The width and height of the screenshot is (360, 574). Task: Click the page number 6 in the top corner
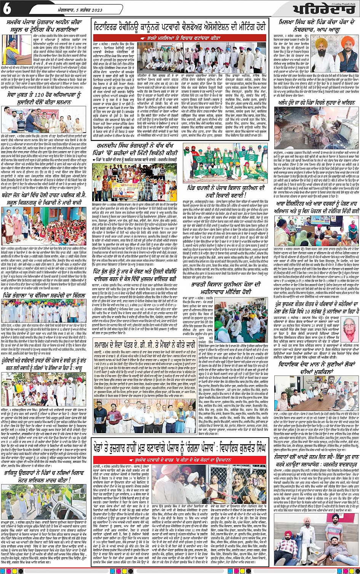point(7,10)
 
